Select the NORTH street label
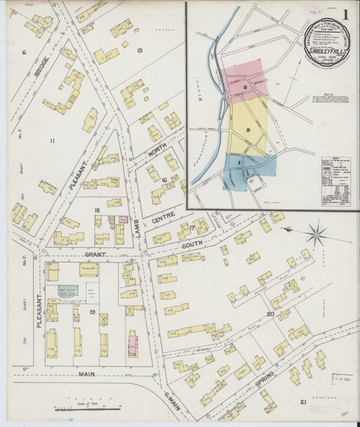[x=157, y=148]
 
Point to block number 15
[x=140, y=49]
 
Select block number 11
[x=52, y=140]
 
